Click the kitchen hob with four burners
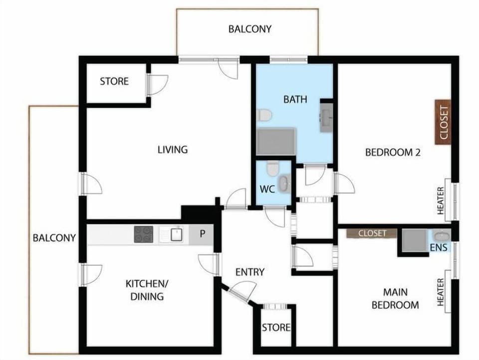pyautogui.click(x=143, y=234)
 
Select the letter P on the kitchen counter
pyautogui.click(x=203, y=234)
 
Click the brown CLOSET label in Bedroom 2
pyautogui.click(x=443, y=123)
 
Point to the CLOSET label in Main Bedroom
pyautogui.click(x=372, y=233)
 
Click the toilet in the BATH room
pyautogui.click(x=264, y=115)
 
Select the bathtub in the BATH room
pyautogui.click(x=277, y=141)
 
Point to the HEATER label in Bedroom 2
pyautogui.click(x=441, y=200)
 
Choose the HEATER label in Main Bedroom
pyautogui.click(x=441, y=292)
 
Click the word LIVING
pyautogui.click(x=173, y=149)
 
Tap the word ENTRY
pyautogui.click(x=249, y=272)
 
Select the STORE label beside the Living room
pyautogui.click(x=114, y=81)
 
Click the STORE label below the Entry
pyautogui.click(x=276, y=328)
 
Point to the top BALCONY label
pyautogui.click(x=250, y=29)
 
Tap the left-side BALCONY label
pyautogui.click(x=54, y=238)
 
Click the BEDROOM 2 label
pyautogui.click(x=393, y=153)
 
